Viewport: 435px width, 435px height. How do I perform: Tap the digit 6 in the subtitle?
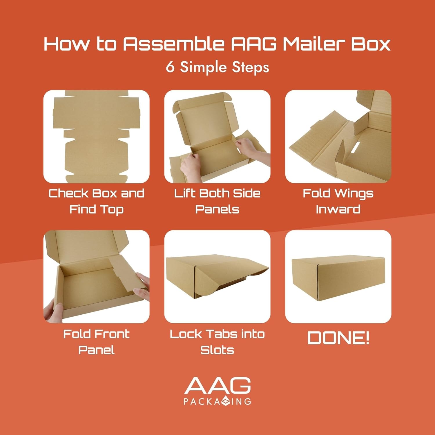pos(170,67)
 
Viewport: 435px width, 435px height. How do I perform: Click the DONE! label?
pos(338,338)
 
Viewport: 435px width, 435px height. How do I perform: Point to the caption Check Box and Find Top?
pos(96,201)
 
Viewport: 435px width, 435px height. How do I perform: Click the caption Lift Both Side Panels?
pos(217,201)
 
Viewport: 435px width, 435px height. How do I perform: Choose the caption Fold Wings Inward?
pos(338,201)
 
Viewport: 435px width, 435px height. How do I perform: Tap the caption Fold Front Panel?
pos(96,342)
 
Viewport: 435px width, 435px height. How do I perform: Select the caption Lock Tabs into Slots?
pos(217,342)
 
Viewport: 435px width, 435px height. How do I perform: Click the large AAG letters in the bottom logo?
pos(217,385)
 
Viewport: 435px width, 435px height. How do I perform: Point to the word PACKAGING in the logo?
pos(217,401)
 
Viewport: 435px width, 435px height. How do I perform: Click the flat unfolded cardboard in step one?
pos(96,136)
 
